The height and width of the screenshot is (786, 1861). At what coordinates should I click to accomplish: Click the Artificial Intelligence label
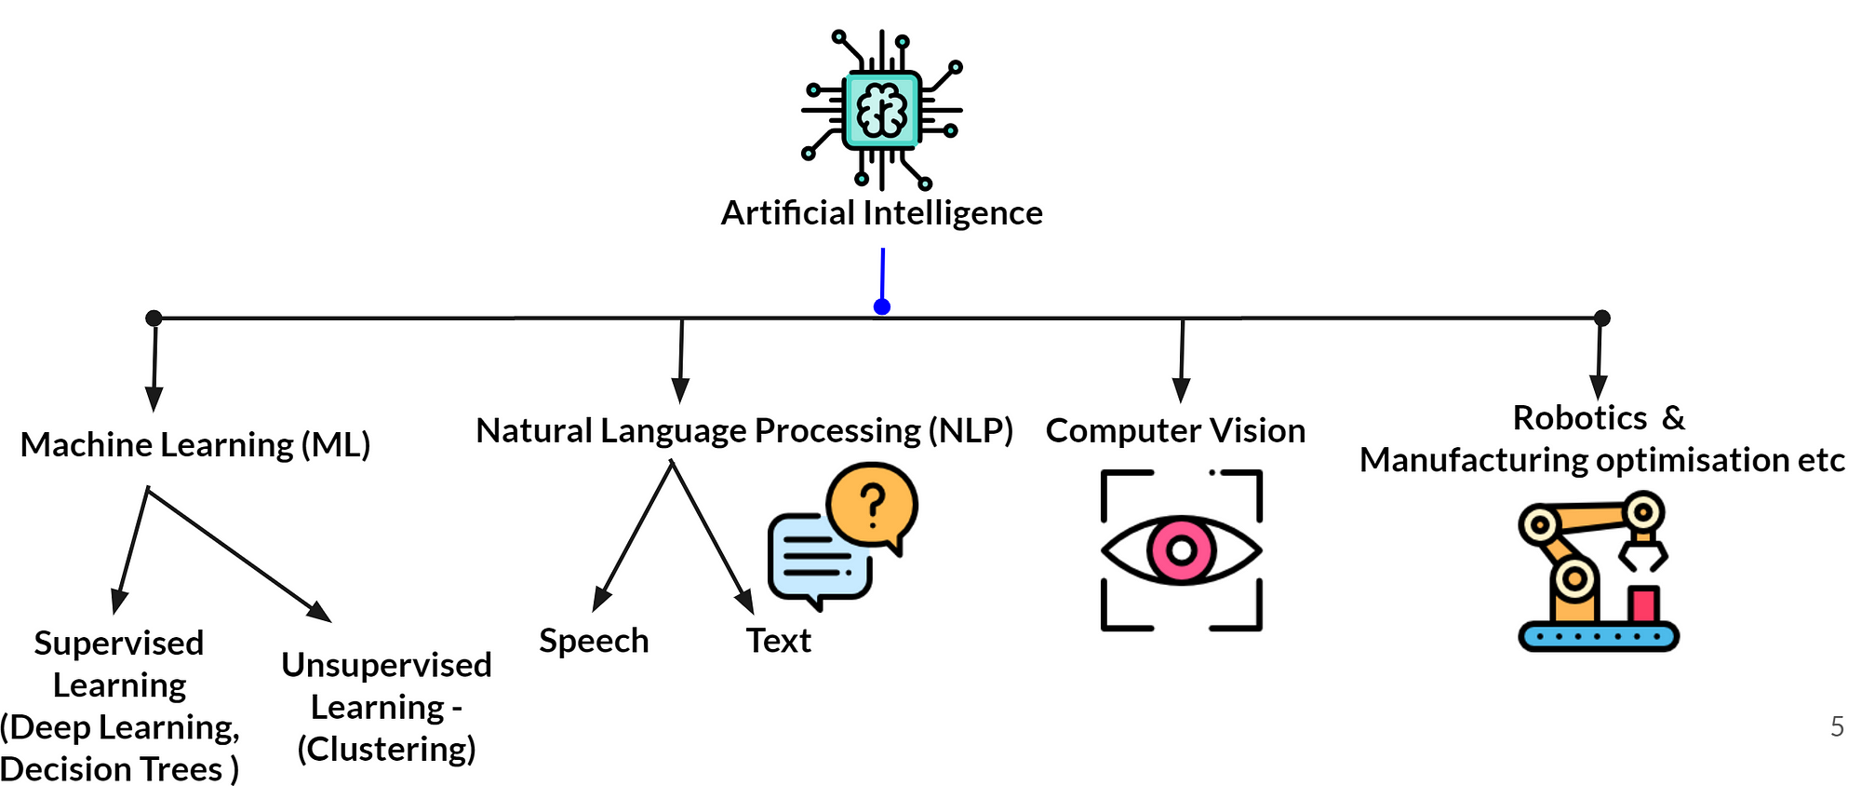pos(881,213)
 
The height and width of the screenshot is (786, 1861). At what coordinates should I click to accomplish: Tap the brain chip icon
pos(882,110)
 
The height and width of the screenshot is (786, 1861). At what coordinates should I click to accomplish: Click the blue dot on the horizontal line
pos(882,306)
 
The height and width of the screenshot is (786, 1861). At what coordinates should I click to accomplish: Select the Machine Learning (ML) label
pos(195,445)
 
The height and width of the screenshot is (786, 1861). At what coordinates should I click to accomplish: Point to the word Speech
pos(594,641)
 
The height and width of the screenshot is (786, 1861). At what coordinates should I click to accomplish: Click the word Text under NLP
pos(779,641)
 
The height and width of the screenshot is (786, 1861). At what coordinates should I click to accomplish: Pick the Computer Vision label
pos(1175,430)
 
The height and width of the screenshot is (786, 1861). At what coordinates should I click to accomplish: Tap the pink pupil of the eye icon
pos(1181,550)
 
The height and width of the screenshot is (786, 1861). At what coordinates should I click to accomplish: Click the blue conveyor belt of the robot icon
pos(1599,636)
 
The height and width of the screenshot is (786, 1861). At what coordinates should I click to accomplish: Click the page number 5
pos(1837,726)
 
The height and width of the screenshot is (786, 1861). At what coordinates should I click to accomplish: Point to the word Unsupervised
pos(386,665)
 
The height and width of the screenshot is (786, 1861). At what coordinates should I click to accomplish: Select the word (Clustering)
pos(386,749)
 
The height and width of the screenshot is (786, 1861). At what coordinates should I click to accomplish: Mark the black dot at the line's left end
pos(154,318)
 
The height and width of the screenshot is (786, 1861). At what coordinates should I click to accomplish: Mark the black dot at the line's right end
pos(1601,318)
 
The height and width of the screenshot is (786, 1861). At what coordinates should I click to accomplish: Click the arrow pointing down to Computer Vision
pos(1182,360)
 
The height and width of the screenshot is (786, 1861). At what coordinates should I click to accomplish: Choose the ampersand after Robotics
pos(1673,418)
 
